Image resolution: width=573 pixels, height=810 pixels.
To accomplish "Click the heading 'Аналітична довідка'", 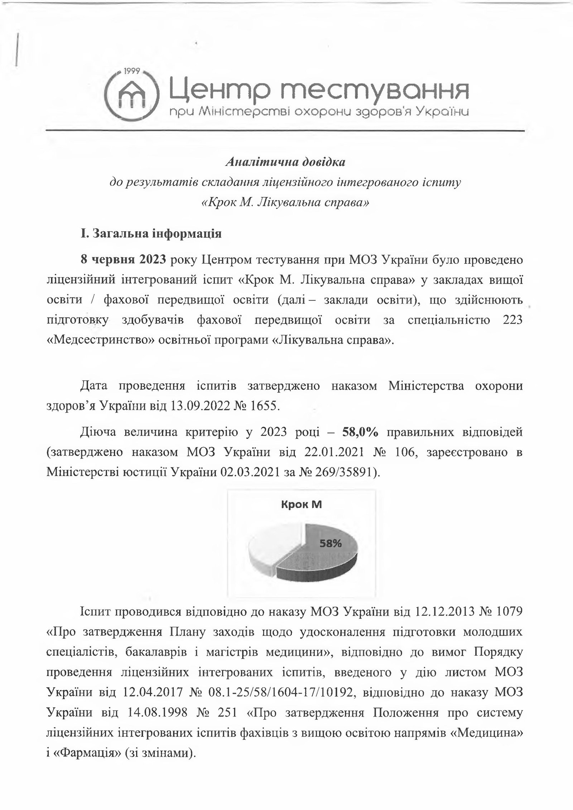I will (285, 163).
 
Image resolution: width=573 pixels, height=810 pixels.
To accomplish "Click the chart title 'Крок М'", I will (301, 505).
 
